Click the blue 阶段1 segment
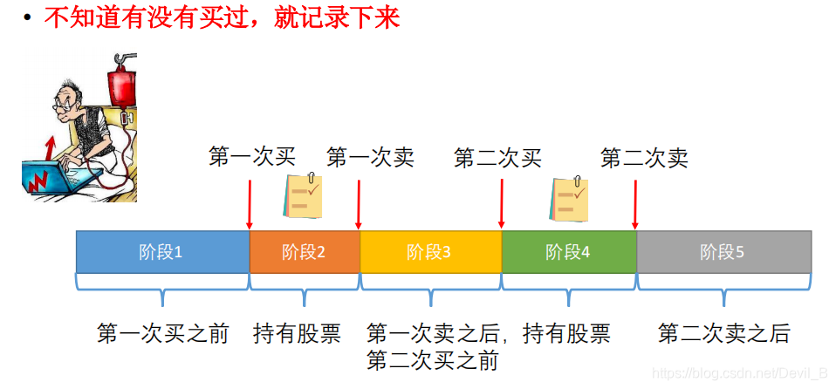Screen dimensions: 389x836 click(x=162, y=252)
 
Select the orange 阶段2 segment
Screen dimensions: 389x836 click(x=305, y=252)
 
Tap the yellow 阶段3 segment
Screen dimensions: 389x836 click(x=430, y=252)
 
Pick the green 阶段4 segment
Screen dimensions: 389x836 click(x=568, y=252)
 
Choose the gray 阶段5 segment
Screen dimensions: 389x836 click(x=723, y=252)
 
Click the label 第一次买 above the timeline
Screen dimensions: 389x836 click(x=252, y=157)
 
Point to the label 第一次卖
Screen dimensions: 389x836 click(x=370, y=157)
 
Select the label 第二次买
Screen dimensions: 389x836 click(x=497, y=158)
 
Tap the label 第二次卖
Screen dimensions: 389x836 click(x=644, y=158)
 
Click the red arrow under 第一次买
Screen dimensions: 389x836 click(x=250, y=204)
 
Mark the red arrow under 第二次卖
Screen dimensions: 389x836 click(x=634, y=204)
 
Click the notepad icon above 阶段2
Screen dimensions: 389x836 click(x=303, y=195)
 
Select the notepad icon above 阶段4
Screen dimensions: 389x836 click(x=569, y=199)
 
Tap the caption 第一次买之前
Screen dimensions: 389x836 click(x=162, y=333)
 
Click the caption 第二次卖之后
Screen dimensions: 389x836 click(x=723, y=333)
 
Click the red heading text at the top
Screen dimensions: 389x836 click(x=222, y=18)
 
